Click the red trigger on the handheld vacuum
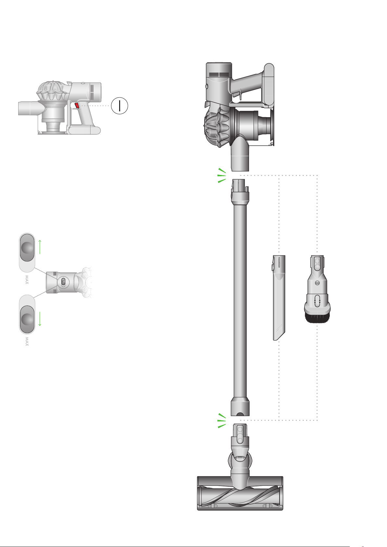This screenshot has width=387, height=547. [77, 106]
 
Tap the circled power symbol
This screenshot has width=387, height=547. [119, 106]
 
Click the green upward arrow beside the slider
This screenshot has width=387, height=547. [40, 247]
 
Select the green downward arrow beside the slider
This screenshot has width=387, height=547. [40, 319]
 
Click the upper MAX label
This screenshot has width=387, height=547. [27, 280]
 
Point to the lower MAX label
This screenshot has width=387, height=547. [27, 342]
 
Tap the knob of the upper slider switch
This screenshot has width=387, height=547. [27, 248]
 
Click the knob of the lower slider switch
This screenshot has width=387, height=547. [27, 319]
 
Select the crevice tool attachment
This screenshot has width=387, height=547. [279, 298]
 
